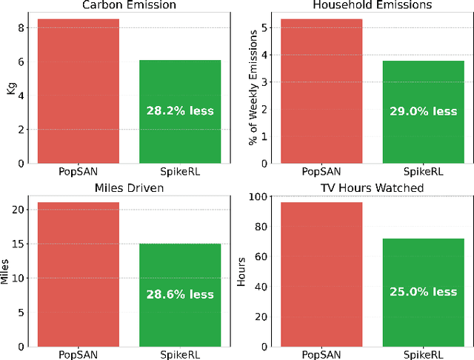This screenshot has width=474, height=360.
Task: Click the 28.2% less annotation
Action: [181, 111]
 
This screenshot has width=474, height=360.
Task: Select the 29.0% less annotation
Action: [424, 111]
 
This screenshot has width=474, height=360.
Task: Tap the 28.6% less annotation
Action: [181, 294]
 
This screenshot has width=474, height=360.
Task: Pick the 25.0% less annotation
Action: [424, 292]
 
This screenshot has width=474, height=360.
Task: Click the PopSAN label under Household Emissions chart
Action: [321, 170]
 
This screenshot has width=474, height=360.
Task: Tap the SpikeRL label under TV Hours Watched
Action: [424, 353]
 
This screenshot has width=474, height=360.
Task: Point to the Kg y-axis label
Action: [10, 89]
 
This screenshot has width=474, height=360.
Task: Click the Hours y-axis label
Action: [241, 273]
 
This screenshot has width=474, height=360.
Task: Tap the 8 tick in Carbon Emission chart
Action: [23, 27]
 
